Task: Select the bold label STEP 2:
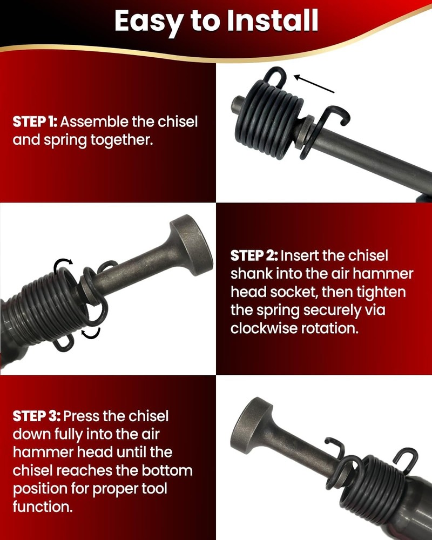pyautogui.click(x=254, y=255)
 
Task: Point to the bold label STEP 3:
pyautogui.click(x=37, y=416)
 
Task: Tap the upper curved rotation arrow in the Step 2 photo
pyautogui.click(x=63, y=265)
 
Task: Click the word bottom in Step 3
pyautogui.click(x=165, y=470)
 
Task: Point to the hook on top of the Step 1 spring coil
pyautogui.click(x=277, y=78)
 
